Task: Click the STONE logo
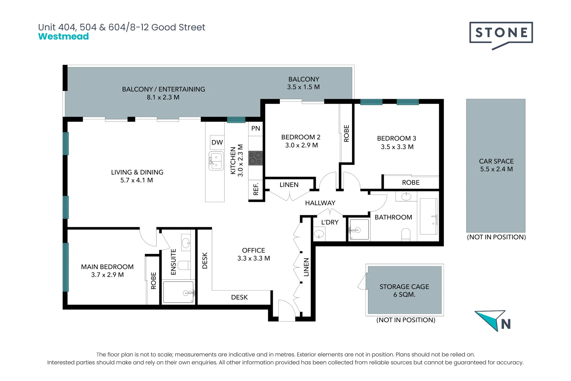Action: [x=501, y=36]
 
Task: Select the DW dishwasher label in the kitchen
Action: [x=217, y=143]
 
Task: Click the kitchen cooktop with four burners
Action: [x=256, y=158]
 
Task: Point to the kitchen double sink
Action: [x=216, y=161]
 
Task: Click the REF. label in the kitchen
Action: [x=256, y=189]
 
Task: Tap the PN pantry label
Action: [x=256, y=128]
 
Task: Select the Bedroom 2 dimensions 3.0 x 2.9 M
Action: [x=301, y=145]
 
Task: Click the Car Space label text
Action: [x=496, y=161]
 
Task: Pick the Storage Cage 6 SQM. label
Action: [x=404, y=290]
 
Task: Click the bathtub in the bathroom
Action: [x=429, y=216]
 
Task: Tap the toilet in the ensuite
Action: [x=184, y=265]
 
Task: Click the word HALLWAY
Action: [x=320, y=203]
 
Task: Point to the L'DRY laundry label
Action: [x=330, y=222]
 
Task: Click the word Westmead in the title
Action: [x=63, y=36]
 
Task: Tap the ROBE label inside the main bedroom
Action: [x=153, y=281]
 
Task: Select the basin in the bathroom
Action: [x=406, y=196]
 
